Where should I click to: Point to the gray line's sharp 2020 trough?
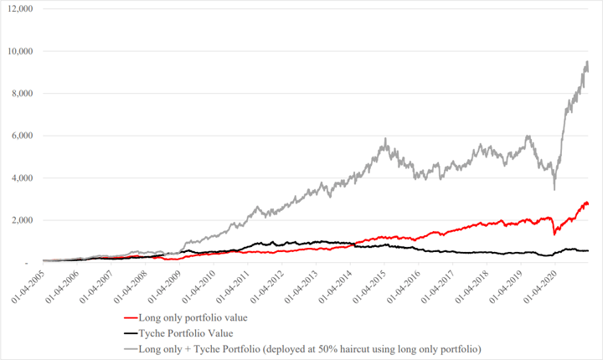554,190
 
